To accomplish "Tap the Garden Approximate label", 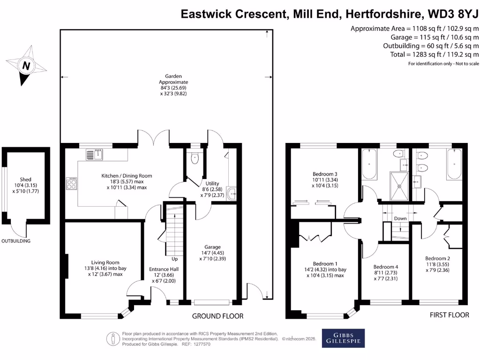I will [166, 82].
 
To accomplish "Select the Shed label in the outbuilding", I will [25, 180].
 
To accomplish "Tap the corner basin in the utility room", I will [231, 192].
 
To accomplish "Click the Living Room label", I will [105, 262].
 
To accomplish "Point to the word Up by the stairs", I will [174, 259].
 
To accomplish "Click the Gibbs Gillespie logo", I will [343, 338].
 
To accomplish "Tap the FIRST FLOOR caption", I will [449, 315].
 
